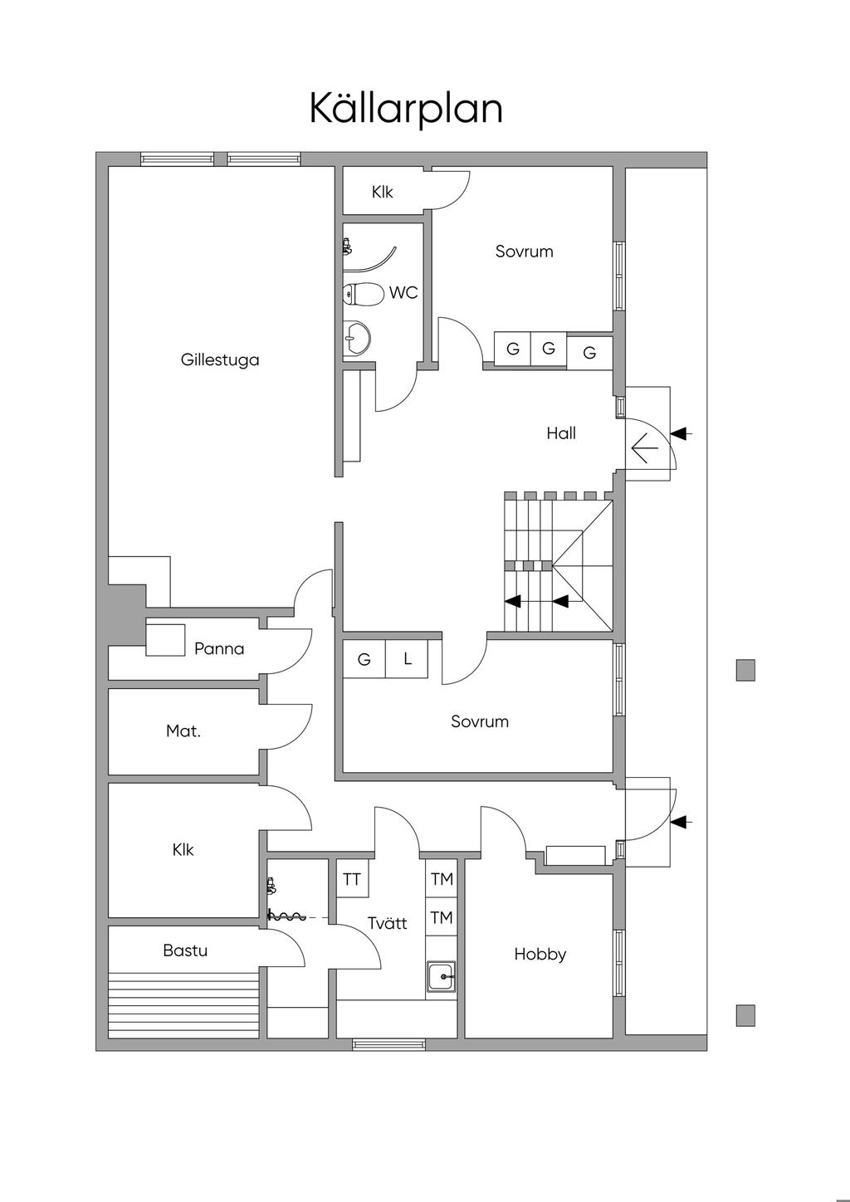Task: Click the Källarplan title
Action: coord(406,109)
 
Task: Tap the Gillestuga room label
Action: coord(220,359)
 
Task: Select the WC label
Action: coord(403,293)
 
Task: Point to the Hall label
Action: coord(561,432)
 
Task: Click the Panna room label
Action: coord(219,648)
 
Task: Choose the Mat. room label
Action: coord(183,731)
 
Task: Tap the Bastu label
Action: coord(185,950)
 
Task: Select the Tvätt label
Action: coord(388,923)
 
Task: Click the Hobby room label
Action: coord(540,954)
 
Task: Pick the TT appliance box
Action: coord(353,880)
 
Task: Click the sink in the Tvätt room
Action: coord(442,976)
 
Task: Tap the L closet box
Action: coord(408,659)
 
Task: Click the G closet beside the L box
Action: coord(364,659)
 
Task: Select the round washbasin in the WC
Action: coord(358,338)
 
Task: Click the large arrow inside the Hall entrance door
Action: coord(644,449)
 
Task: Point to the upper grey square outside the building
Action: coord(745,670)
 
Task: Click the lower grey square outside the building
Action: coord(745,1015)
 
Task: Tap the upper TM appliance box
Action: coord(442,878)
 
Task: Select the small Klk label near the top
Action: coord(383,192)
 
